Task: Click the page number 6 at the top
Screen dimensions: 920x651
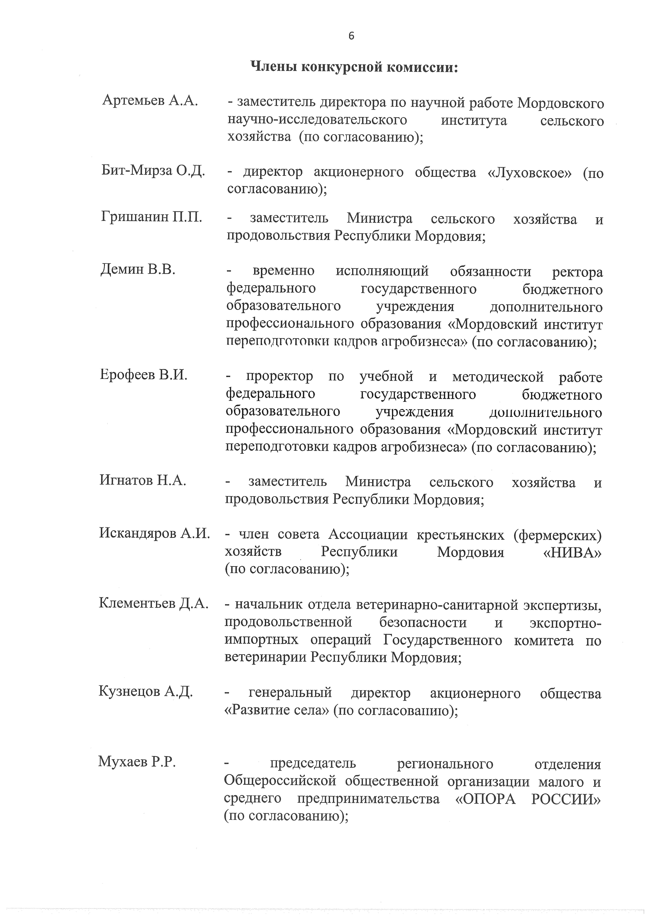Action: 351,36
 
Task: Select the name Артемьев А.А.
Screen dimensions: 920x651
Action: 150,101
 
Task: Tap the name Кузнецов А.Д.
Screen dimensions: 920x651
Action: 146,692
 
